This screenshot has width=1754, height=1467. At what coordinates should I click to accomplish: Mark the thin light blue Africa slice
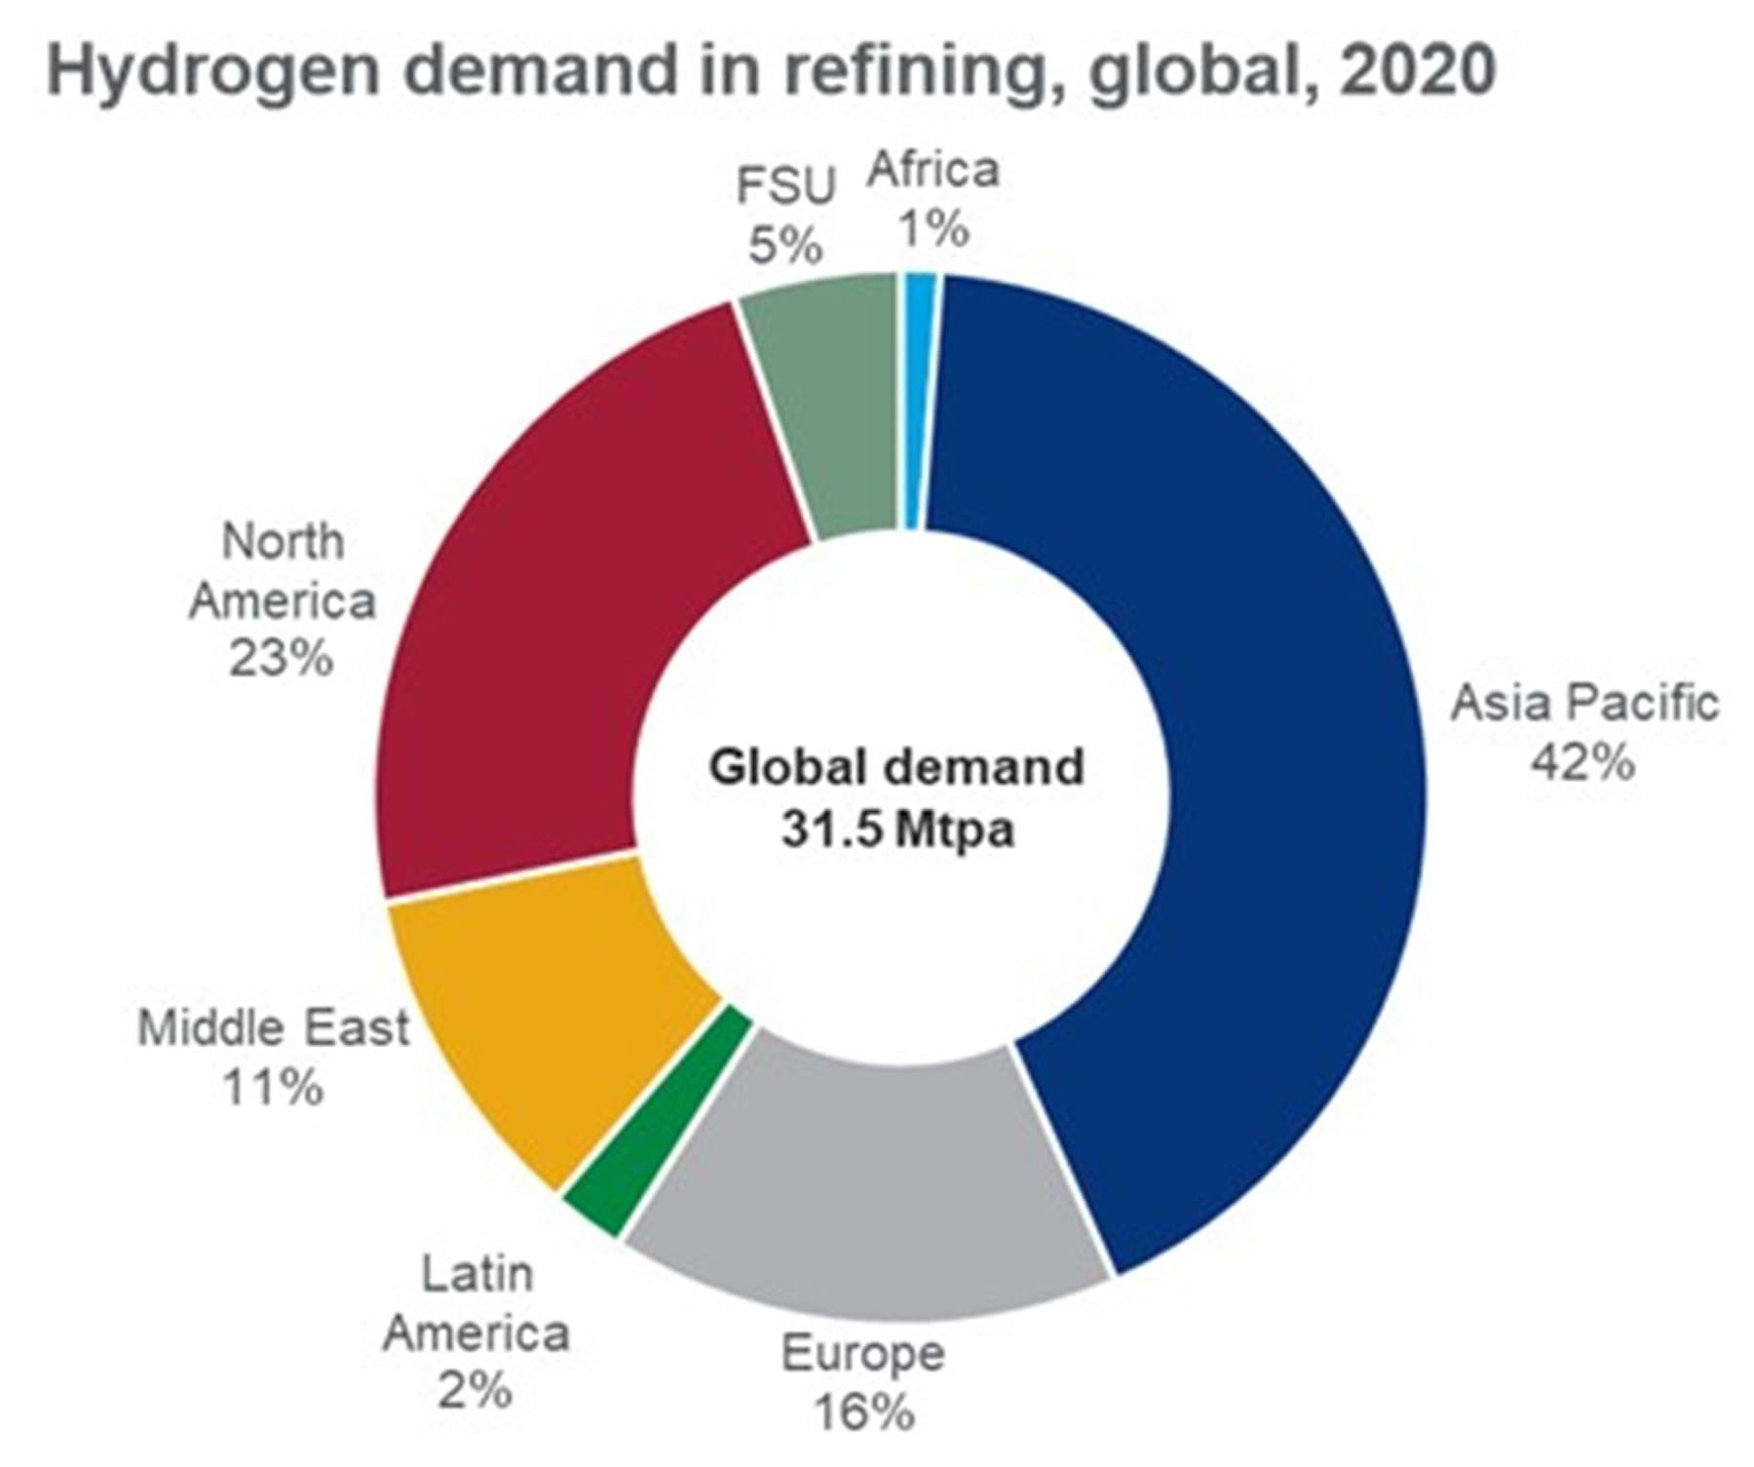[917, 400]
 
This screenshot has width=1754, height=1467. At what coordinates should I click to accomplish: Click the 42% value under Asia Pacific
[1582, 763]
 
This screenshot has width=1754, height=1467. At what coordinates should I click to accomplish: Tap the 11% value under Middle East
[272, 1087]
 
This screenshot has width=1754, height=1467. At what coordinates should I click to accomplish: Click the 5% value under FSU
[785, 246]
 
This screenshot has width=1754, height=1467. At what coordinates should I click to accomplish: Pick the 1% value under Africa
[934, 230]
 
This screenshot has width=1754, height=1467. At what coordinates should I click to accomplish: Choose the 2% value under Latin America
[475, 1390]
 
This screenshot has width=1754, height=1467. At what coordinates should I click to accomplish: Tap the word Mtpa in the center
[955, 830]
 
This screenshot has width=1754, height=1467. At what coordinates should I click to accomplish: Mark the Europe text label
[863, 1353]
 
